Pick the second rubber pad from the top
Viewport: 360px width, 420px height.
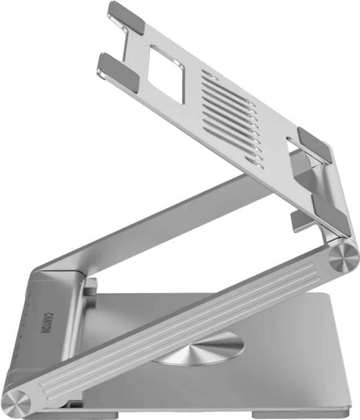pyautogui.click(x=118, y=73)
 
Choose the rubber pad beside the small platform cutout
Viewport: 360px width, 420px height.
pyautogui.click(x=315, y=145)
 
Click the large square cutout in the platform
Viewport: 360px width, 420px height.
pyautogui.click(x=166, y=74)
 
